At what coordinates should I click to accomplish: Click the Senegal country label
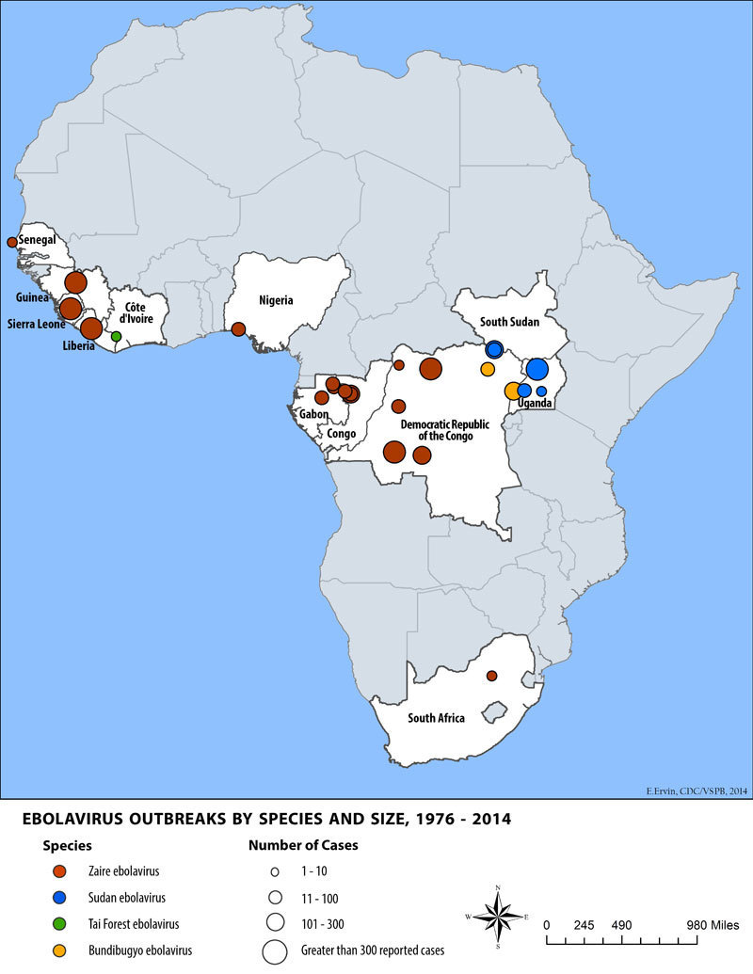[38, 240]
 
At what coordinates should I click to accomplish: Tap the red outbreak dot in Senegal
[12, 242]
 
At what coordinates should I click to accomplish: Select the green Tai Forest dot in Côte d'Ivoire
[116, 336]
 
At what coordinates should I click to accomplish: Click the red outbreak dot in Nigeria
[238, 328]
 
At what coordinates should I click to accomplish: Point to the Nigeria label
[277, 300]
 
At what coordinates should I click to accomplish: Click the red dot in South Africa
[491, 676]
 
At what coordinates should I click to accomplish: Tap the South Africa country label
[436, 718]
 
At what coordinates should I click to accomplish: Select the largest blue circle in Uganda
[537, 369]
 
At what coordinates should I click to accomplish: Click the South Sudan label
[509, 322]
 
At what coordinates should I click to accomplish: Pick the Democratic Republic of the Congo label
[444, 430]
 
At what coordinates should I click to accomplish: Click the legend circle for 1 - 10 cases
[275, 871]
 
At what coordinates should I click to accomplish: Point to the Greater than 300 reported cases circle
[275, 950]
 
